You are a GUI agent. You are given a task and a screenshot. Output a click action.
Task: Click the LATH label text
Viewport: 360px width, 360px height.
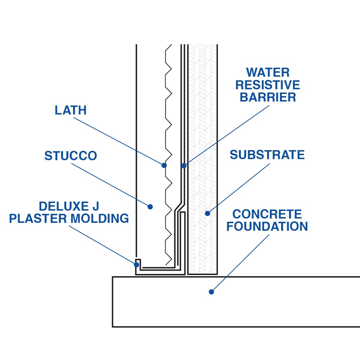(71, 110)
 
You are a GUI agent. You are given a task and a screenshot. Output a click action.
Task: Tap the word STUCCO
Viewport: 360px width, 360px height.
(71, 156)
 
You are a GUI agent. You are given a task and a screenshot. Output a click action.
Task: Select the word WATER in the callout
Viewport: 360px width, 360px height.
(268, 72)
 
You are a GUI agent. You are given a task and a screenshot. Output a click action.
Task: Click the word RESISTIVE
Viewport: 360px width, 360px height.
(268, 85)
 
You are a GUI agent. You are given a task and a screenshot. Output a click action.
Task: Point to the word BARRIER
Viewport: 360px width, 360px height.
(268, 97)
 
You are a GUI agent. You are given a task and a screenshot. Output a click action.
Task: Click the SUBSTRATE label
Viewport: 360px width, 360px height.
(267, 155)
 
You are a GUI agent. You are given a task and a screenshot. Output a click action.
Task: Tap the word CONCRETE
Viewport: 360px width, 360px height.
(267, 214)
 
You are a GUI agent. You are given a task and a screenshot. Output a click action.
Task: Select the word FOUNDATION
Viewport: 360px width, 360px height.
(267, 227)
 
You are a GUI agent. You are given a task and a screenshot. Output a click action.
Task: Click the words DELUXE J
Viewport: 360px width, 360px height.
(69, 206)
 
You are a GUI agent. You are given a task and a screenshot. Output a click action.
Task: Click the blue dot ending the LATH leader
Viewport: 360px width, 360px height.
(164, 165)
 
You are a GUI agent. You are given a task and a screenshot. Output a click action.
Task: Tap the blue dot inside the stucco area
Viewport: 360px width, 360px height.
(150, 207)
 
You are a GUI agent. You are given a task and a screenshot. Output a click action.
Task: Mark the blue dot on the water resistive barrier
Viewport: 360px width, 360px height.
(184, 166)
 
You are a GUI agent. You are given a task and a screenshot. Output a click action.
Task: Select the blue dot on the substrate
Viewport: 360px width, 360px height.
(207, 213)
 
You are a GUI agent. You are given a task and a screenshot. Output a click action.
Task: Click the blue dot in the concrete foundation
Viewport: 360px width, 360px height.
(211, 292)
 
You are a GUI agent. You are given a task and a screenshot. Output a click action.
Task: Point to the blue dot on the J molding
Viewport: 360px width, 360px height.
(137, 265)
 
